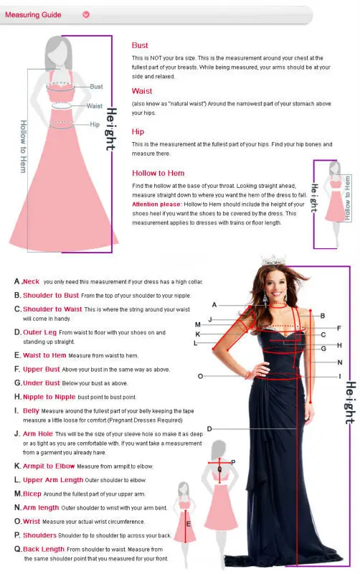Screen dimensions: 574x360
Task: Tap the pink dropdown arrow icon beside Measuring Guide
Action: click(x=86, y=14)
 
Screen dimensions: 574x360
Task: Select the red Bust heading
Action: click(x=140, y=45)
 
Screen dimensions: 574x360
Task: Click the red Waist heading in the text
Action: click(x=142, y=91)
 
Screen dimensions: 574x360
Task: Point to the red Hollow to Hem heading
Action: click(x=158, y=173)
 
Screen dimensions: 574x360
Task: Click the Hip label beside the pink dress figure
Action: click(x=95, y=125)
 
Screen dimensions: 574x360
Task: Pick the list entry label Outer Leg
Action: click(x=39, y=332)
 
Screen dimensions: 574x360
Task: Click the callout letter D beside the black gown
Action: click(x=209, y=428)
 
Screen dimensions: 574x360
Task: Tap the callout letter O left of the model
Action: click(x=200, y=376)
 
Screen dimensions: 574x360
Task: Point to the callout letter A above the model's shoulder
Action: click(x=214, y=305)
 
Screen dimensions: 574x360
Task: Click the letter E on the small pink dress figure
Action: click(x=188, y=523)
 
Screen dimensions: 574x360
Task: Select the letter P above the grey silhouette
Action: click(x=233, y=462)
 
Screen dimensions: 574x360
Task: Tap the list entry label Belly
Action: click(x=31, y=410)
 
